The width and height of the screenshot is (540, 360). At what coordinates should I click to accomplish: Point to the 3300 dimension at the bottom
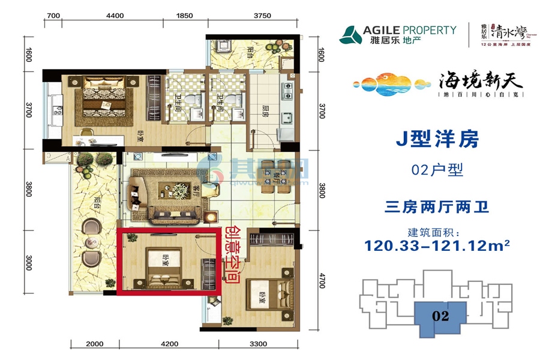coord(257,344)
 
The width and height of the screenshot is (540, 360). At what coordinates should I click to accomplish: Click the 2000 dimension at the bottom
coord(94,344)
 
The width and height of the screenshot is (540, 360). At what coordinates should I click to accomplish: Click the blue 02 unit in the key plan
coord(441,316)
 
